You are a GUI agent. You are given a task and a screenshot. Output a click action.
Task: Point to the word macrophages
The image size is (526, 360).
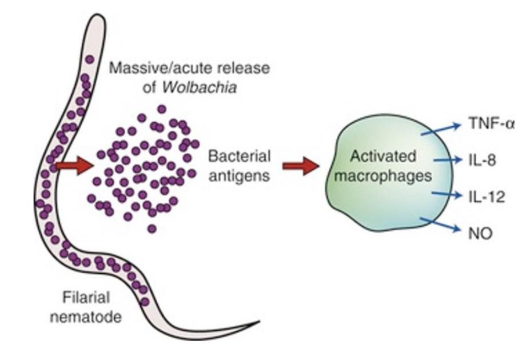[x=382, y=176]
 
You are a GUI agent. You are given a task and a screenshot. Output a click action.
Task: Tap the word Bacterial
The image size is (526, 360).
[x=239, y=156]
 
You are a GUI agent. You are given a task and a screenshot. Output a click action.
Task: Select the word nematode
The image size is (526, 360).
[x=91, y=316]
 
